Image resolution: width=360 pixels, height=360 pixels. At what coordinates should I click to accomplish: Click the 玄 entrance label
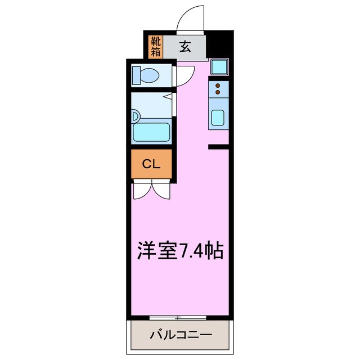(x=185, y=47)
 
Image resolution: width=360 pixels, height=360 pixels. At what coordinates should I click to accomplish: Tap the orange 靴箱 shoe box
(x=156, y=47)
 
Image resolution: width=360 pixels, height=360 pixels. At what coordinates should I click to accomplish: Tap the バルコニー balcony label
(x=181, y=335)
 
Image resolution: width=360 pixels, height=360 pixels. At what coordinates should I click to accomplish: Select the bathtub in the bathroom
(x=151, y=132)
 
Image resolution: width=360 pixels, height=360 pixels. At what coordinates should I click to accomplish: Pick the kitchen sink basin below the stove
(x=218, y=119)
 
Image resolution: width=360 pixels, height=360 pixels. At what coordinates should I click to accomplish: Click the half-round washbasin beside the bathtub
(x=136, y=116)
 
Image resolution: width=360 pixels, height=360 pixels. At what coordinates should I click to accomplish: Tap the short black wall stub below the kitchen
(x=218, y=147)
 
